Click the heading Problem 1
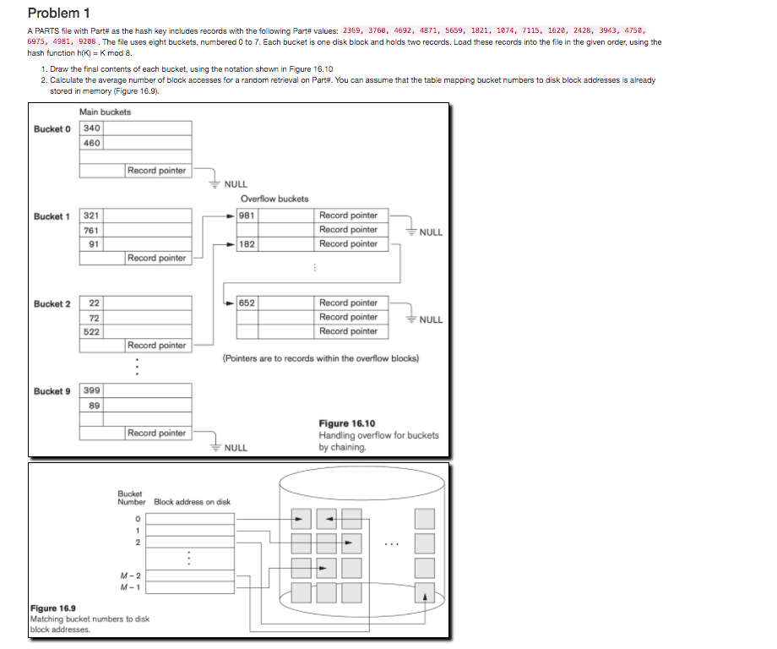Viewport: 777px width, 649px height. pos(58,13)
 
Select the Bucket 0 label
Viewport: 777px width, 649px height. pos(52,128)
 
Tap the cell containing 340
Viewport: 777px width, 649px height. pos(91,128)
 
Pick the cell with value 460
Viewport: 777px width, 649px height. pos(91,143)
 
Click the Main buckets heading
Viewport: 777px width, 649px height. pos(105,112)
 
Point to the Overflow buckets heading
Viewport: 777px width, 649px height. pos(274,199)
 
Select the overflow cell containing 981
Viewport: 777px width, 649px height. pos(247,215)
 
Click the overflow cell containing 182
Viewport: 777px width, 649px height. pos(247,244)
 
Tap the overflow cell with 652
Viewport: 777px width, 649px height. pos(247,303)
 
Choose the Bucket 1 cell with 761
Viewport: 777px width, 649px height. pos(91,230)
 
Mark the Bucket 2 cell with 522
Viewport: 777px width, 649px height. pos(91,331)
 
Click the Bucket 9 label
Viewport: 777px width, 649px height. pos(52,391)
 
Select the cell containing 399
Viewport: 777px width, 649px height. pos(91,390)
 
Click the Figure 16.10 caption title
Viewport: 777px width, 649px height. pos(346,423)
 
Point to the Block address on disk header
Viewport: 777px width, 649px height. pos(192,502)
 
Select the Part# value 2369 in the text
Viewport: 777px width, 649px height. pos(353,30)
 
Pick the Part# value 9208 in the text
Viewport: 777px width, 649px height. pos(87,41)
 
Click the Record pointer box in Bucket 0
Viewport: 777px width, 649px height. pos(157,171)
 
